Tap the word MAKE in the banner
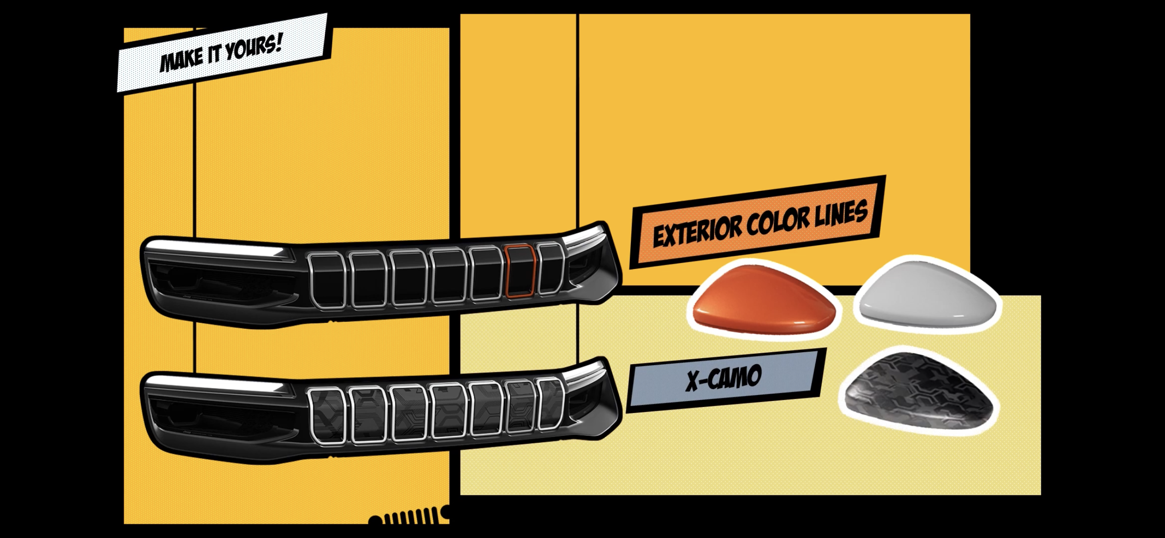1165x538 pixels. (181, 61)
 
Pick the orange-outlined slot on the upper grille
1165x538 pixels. (520, 271)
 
